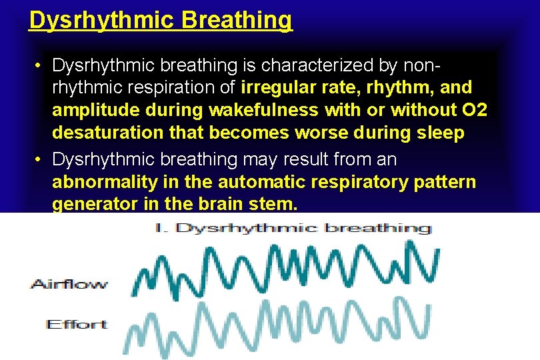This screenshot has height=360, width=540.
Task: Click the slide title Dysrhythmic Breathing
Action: [161, 20]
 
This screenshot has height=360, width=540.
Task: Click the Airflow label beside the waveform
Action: [69, 284]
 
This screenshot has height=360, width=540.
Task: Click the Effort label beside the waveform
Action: [76, 325]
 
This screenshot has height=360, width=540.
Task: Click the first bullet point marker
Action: [40, 65]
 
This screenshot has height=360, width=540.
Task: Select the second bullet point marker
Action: [40, 160]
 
